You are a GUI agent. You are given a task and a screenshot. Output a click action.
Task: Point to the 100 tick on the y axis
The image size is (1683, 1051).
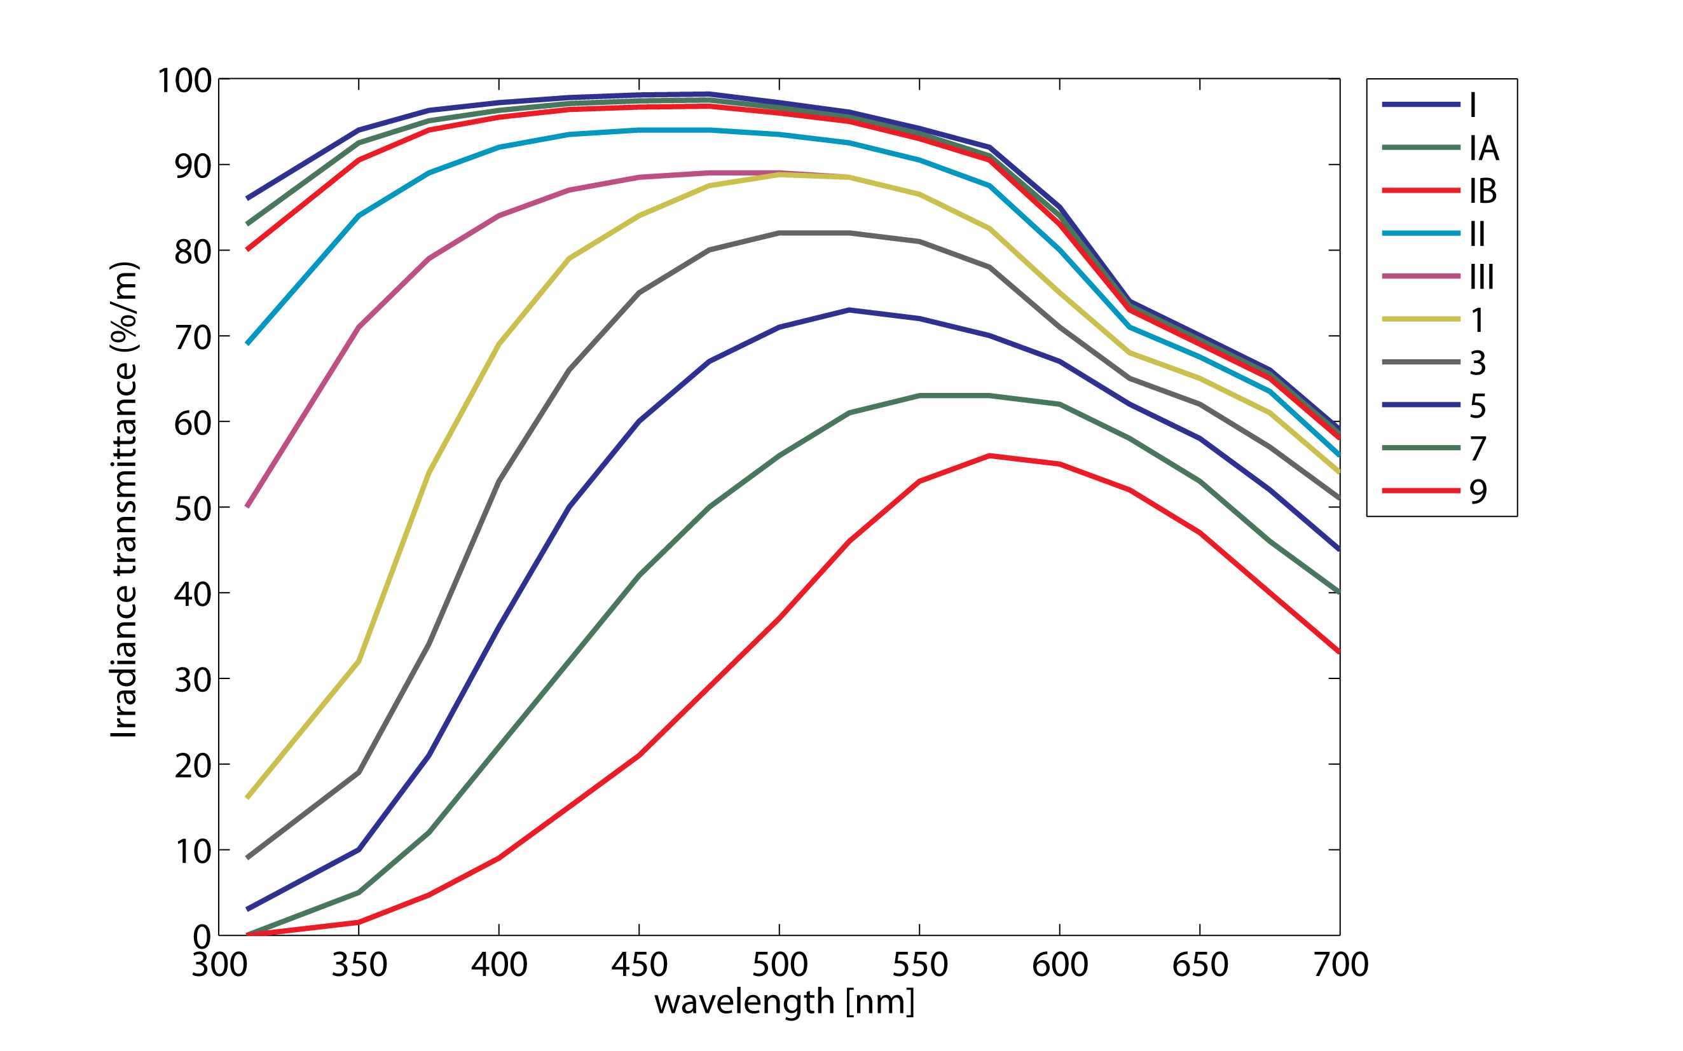[185, 81]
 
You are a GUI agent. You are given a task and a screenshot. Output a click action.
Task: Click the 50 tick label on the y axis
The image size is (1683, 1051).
[193, 509]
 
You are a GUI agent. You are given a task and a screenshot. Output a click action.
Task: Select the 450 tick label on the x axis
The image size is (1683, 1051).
[639, 965]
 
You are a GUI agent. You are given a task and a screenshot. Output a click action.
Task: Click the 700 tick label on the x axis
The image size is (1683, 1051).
[1340, 965]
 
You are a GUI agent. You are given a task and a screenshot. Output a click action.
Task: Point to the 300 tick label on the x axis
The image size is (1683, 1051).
[219, 965]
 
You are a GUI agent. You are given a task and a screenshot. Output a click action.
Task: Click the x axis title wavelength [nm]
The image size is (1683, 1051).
[784, 1002]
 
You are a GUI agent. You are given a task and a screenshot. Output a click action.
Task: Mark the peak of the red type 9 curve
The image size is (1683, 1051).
[989, 456]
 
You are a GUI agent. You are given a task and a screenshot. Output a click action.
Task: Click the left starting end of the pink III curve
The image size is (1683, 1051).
[248, 507]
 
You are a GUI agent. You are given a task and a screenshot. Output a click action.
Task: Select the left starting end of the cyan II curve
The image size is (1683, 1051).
[248, 343]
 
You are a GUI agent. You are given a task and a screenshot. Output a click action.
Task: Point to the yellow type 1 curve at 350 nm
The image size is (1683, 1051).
[359, 661]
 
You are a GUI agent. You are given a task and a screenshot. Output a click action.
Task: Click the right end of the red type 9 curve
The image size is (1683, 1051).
[1338, 652]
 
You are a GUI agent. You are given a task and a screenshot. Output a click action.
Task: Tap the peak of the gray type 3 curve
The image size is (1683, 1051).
[814, 233]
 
